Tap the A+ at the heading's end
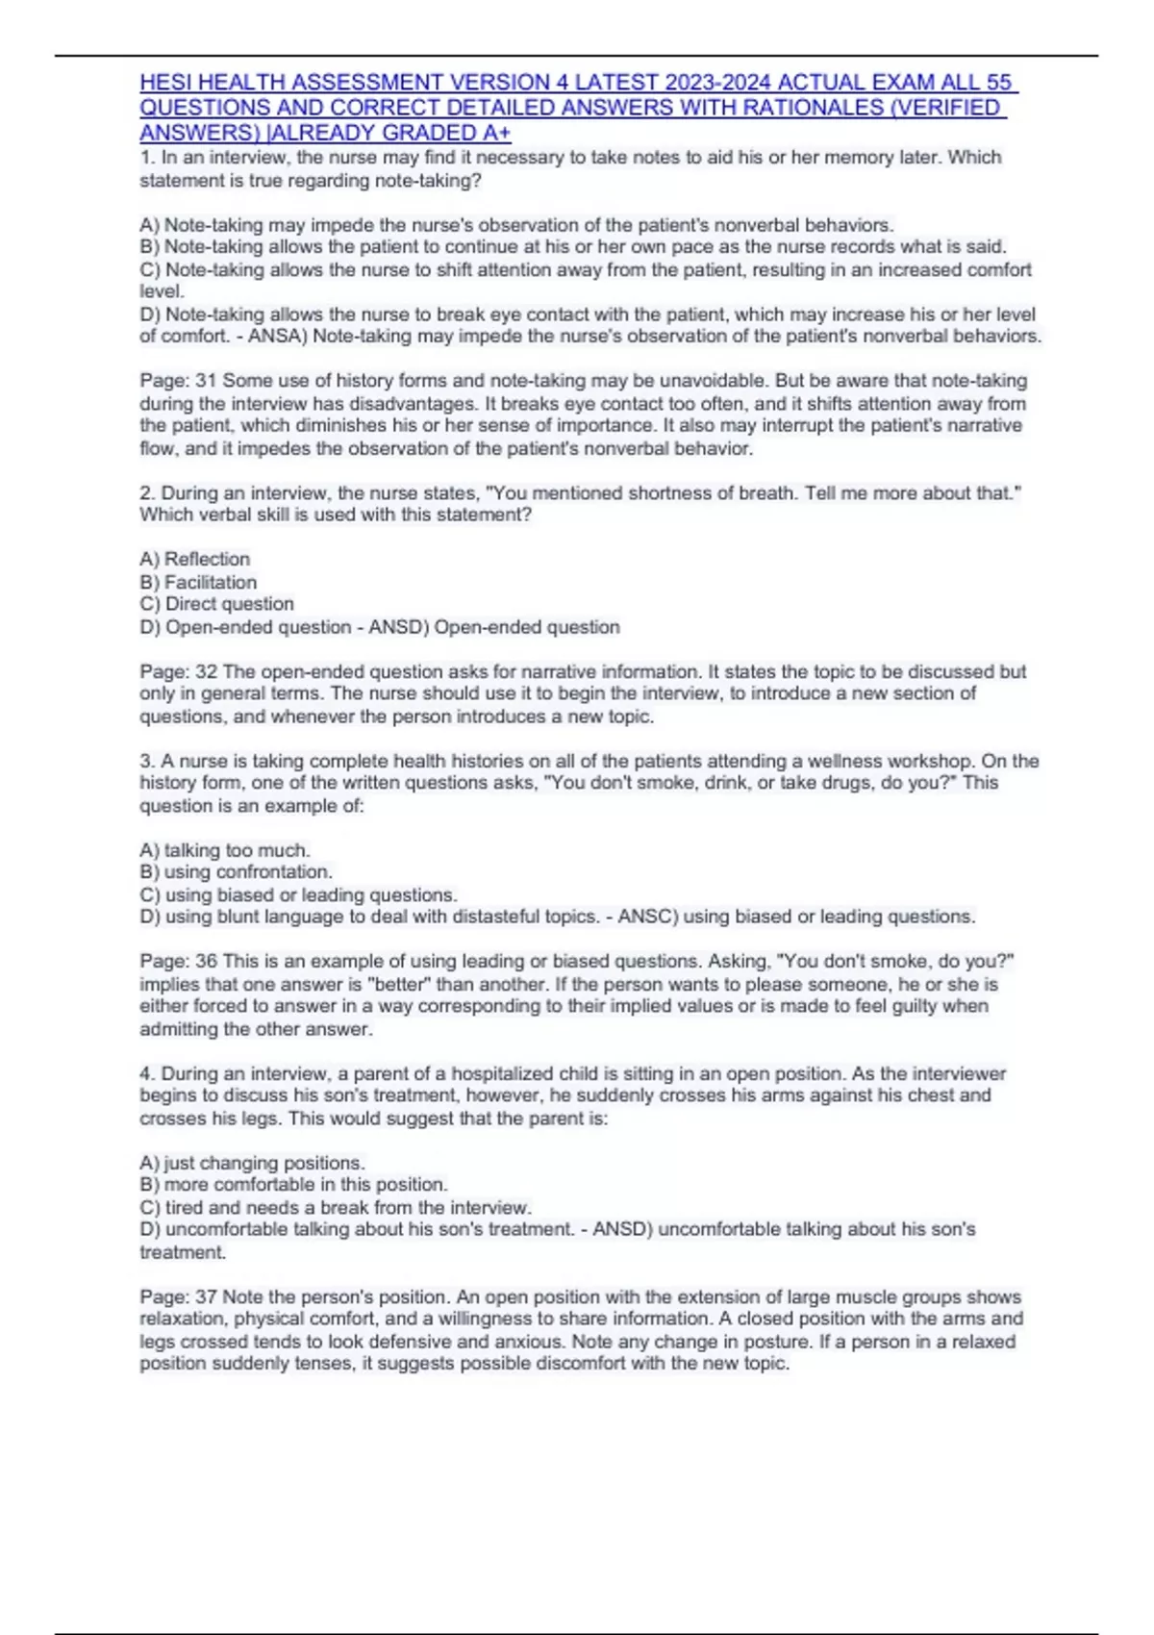pyautogui.click(x=498, y=133)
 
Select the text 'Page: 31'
pyautogui.click(x=177, y=381)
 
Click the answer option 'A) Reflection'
pyautogui.click(x=195, y=559)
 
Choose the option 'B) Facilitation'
pyautogui.click(x=198, y=582)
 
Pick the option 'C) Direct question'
pyautogui.click(x=216, y=604)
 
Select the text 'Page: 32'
pyautogui.click(x=177, y=671)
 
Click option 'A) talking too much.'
pyautogui.click(x=225, y=850)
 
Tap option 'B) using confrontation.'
pyautogui.click(x=236, y=872)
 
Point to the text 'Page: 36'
pyautogui.click(x=177, y=962)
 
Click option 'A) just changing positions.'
pyautogui.click(x=252, y=1163)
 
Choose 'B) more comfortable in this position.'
pyautogui.click(x=293, y=1185)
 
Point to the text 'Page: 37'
pyautogui.click(x=177, y=1297)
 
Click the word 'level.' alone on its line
pyautogui.click(x=162, y=291)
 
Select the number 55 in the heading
pyautogui.click(x=1000, y=83)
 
